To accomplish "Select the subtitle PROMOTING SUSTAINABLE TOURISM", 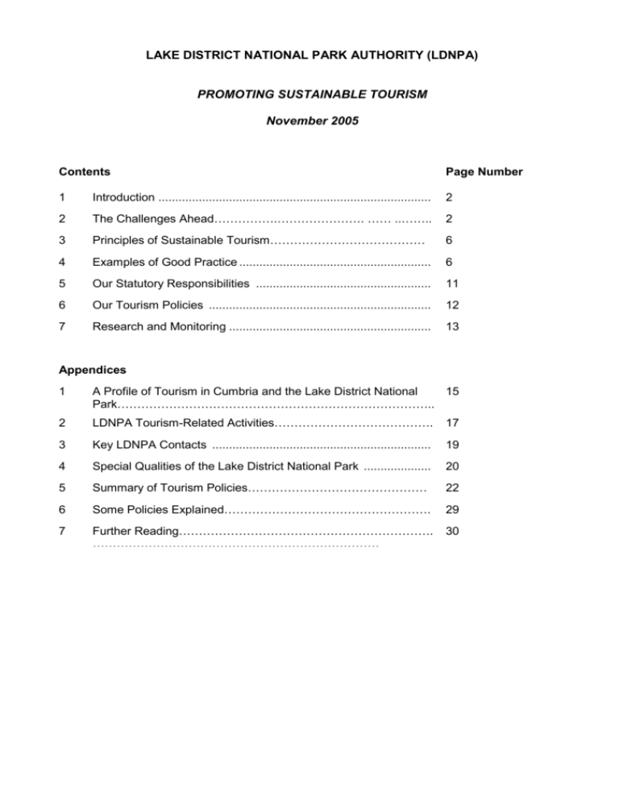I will point(312,94).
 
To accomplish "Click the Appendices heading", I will point(93,370).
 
